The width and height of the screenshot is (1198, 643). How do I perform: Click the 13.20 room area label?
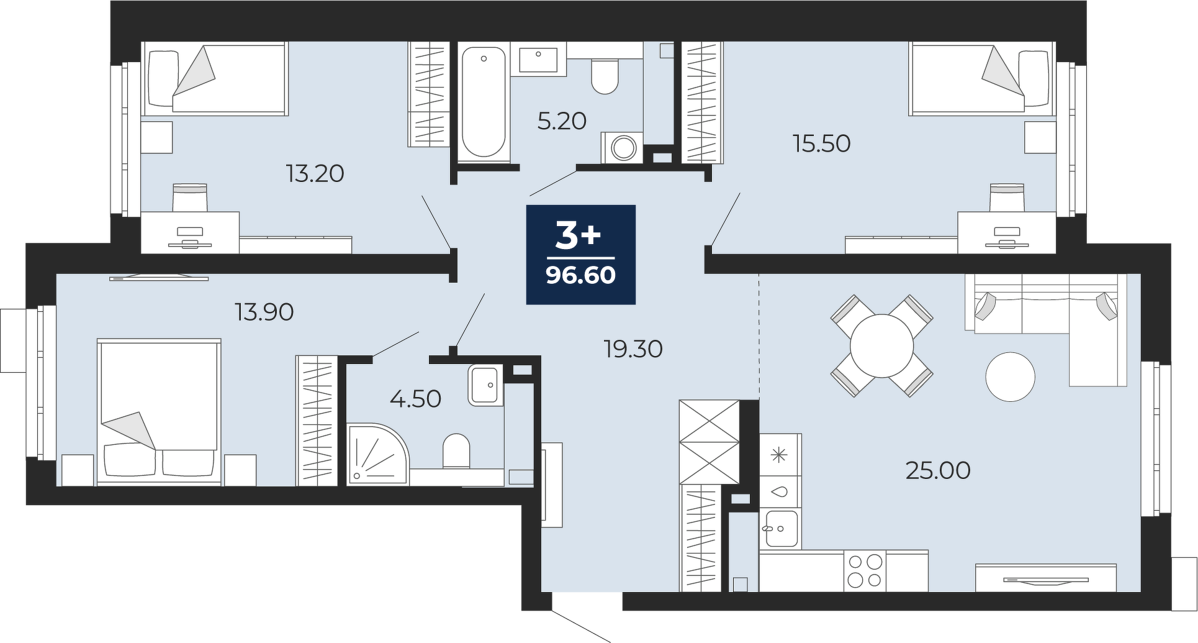(x=315, y=173)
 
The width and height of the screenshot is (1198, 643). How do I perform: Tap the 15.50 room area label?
(x=821, y=144)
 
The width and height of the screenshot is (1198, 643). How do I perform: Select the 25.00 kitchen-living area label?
(x=938, y=470)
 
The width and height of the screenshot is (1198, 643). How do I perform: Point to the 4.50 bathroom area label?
(x=415, y=398)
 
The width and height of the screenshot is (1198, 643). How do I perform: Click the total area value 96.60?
(x=581, y=275)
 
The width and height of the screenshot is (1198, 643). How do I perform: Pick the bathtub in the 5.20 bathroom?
(x=484, y=103)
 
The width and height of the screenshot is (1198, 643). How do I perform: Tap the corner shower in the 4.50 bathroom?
(x=377, y=454)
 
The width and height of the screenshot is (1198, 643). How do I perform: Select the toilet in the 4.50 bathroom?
(x=456, y=451)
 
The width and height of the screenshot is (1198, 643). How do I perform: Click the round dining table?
(x=881, y=345)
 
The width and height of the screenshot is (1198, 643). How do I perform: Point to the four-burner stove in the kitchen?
(x=865, y=571)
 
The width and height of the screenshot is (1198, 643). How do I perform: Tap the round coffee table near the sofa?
(x=1011, y=376)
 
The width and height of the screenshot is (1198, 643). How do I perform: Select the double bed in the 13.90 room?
(x=159, y=411)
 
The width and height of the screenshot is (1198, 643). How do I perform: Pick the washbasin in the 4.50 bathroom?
(x=485, y=385)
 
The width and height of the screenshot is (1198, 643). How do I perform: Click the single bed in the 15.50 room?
(x=981, y=78)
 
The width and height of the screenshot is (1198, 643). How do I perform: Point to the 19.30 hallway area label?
(x=633, y=349)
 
